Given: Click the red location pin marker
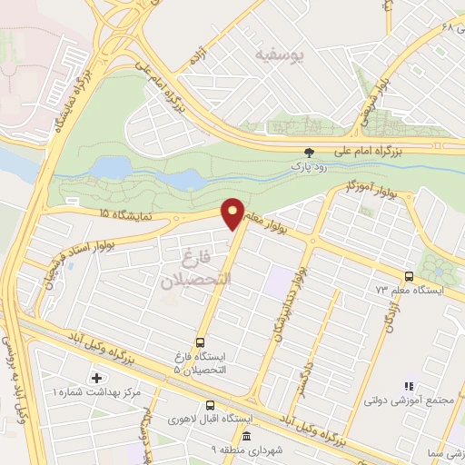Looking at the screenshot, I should tap(233, 213).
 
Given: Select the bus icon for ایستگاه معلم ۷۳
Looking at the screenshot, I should tap(409, 276).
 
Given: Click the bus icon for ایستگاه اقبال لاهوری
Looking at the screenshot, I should tap(210, 406).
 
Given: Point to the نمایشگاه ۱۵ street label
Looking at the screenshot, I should tap(104, 213).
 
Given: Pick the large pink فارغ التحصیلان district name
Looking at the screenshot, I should tap(196, 268).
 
